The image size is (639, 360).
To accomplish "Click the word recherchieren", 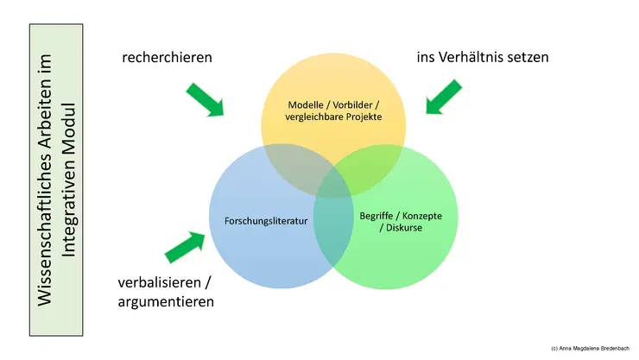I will (168, 57).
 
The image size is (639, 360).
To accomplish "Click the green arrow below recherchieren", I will (204, 98).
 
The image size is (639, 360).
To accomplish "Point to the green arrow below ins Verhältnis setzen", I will (445, 96).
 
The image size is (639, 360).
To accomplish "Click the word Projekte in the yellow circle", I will (364, 117).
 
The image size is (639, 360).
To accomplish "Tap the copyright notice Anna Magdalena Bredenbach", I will (588, 347).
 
